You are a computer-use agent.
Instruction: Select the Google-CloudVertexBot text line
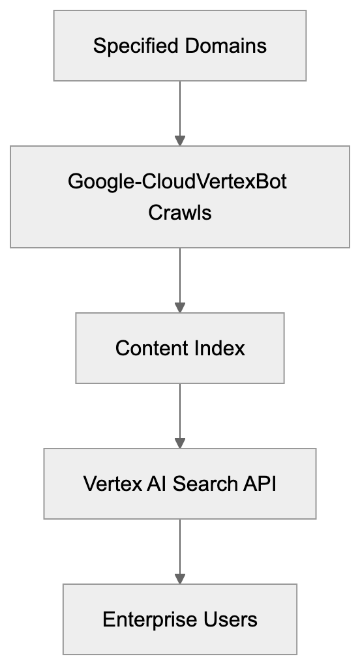coord(177,181)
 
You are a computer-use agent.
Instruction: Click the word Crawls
coord(180,213)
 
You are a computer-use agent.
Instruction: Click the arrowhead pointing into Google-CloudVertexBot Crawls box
coord(180,140)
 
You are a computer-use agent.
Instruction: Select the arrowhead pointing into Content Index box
coord(180,307)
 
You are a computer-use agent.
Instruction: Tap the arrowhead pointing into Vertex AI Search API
coord(180,443)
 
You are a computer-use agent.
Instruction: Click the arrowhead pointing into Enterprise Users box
coord(180,578)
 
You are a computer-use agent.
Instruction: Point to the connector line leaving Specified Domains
coord(180,108)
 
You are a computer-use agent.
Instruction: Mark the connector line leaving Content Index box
coord(180,411)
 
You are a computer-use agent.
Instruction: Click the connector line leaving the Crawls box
coord(180,274)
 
